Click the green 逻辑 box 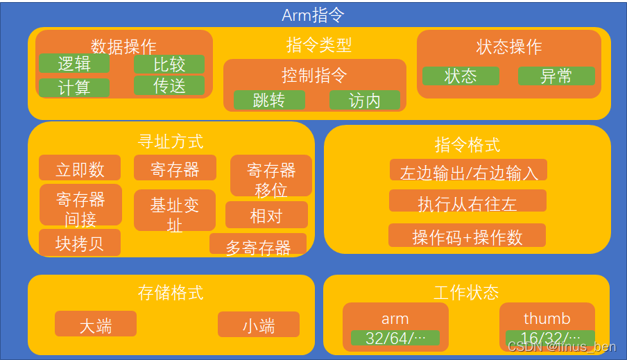(x=74, y=64)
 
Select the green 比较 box (x=169, y=65)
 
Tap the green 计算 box (x=74, y=87)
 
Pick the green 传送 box (x=169, y=86)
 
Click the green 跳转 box (x=269, y=100)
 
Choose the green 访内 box (x=364, y=100)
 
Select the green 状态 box (x=461, y=76)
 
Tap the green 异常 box (x=556, y=76)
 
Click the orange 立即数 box (x=80, y=168)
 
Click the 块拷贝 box (x=80, y=243)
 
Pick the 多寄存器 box (x=258, y=246)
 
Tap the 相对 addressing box (x=266, y=215)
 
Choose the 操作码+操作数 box (x=467, y=236)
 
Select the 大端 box (x=96, y=325)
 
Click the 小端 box (x=259, y=325)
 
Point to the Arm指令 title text (x=313, y=15)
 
